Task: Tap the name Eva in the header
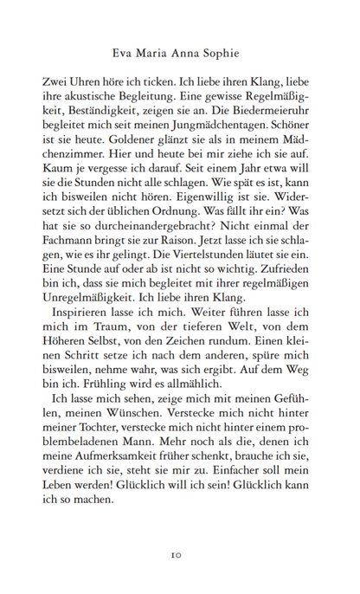click(124, 50)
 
